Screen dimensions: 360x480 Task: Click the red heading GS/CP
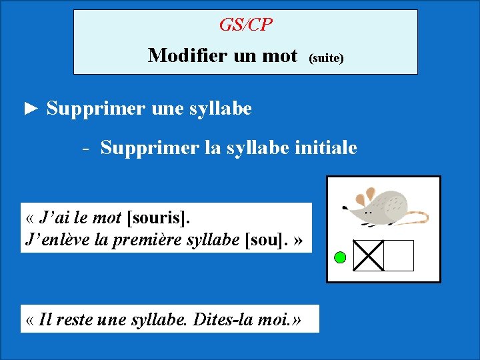click(245, 25)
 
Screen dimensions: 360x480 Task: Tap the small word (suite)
click(325, 58)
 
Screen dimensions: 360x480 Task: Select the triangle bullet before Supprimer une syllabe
click(31, 108)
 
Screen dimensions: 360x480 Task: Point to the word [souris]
click(157, 217)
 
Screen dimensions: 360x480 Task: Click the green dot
click(339, 257)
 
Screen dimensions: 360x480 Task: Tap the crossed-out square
click(368, 255)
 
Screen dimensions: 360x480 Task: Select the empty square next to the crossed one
click(399, 255)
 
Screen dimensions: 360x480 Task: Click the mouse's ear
click(366, 197)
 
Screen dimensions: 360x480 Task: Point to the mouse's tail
click(417, 217)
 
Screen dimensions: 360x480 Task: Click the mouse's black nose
click(344, 208)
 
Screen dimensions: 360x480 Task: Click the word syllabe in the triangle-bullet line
click(219, 108)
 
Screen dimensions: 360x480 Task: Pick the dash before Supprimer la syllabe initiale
click(86, 148)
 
